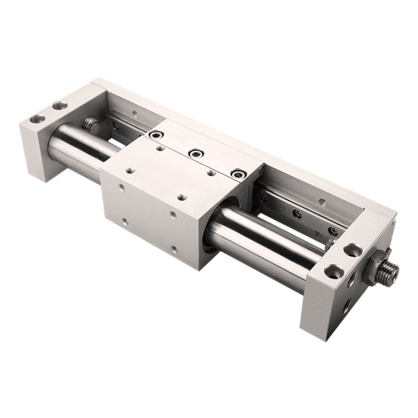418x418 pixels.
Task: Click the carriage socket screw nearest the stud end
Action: tap(238, 173)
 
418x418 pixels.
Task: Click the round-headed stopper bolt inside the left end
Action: tap(91, 124)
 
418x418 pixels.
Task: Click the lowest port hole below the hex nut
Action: tap(346, 308)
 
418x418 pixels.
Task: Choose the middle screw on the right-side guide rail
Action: tap(297, 214)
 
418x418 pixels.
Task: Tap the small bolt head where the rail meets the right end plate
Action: tap(330, 242)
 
